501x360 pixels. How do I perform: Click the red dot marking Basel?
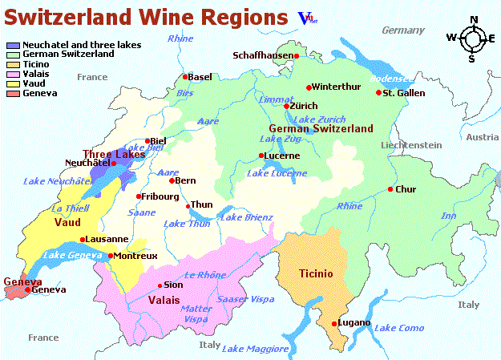pos(185,77)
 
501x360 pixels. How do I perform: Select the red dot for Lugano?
pos(334,324)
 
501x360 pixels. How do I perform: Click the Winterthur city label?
pos(337,87)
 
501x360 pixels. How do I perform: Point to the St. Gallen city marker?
pos(379,93)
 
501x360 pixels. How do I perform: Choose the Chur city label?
pos(406,189)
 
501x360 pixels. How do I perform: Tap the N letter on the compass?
pos(473,20)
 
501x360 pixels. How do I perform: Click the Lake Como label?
pos(398,329)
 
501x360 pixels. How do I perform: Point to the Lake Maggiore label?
pos(255,349)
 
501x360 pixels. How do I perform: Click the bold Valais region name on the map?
pos(164,300)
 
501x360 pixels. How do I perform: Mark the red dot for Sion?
pos(159,285)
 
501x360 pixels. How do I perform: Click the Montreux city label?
pos(136,256)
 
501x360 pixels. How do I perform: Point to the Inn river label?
pos(448,216)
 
